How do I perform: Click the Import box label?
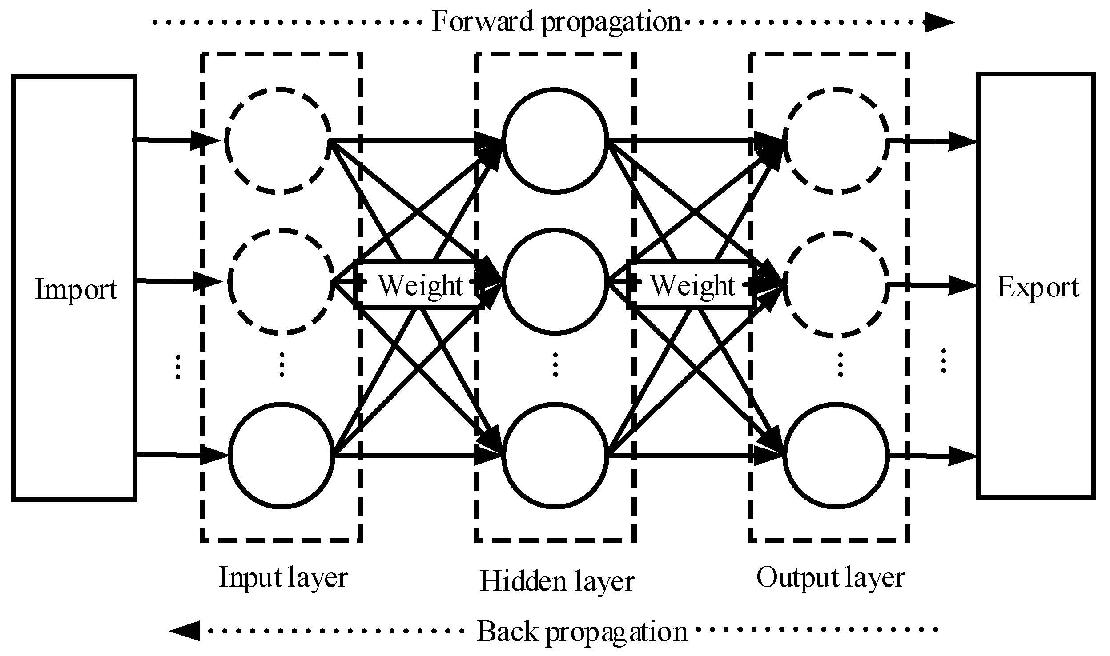pos(76,289)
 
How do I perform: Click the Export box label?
pos(1038,288)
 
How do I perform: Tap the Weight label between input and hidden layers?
pos(420,285)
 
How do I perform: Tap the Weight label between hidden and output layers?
pos(692,285)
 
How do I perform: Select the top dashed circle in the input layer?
pos(278,140)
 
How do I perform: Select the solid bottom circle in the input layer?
pos(281,455)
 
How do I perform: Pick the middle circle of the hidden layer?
pos(555,281)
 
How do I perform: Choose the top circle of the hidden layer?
pos(555,140)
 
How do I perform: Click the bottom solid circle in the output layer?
pos(836,455)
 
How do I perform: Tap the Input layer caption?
pos(283,578)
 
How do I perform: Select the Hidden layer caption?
pos(557,581)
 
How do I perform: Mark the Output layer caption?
pos(831,578)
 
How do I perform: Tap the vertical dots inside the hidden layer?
pos(555,364)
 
